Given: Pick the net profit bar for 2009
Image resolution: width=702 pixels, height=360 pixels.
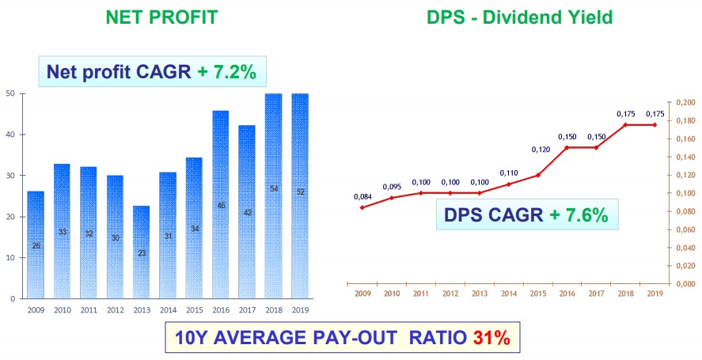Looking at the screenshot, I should (36, 244).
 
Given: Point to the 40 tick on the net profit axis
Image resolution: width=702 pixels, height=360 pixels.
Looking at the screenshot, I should (9, 135).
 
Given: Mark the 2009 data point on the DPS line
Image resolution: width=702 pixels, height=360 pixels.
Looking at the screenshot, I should (362, 207).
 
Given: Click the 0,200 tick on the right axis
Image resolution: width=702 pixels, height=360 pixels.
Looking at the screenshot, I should (683, 103).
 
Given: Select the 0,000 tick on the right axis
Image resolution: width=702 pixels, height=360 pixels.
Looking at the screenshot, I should (683, 283).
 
